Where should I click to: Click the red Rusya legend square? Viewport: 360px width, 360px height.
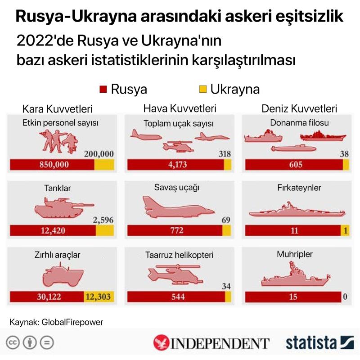click(x=103, y=89)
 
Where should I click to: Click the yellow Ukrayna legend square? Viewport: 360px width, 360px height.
click(x=203, y=89)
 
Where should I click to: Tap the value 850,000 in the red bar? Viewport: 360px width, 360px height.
click(x=53, y=165)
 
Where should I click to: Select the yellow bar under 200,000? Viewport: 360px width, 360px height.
click(x=104, y=165)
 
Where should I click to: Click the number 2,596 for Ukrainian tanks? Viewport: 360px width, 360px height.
click(x=103, y=220)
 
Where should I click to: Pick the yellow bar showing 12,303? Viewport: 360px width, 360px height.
click(x=99, y=297)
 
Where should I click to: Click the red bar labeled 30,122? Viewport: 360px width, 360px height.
click(x=47, y=297)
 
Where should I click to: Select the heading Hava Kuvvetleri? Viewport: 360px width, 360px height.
click(x=180, y=108)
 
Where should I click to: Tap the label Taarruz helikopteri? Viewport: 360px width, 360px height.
click(x=180, y=254)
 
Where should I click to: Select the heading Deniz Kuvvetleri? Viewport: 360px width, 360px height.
click(x=300, y=108)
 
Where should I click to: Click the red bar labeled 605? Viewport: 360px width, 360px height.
click(x=293, y=165)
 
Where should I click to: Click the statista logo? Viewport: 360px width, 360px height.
click(x=320, y=343)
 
